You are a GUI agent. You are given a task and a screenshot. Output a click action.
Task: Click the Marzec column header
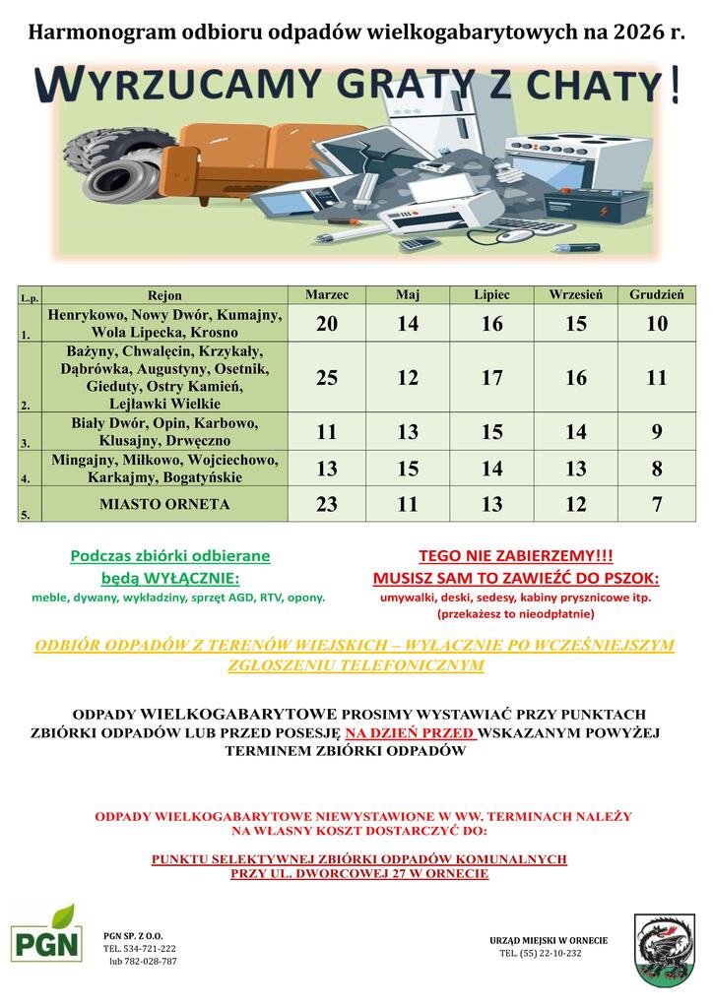[x=326, y=295]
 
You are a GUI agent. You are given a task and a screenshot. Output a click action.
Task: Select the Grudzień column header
[x=657, y=295]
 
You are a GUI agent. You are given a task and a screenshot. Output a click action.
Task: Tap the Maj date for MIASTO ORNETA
[x=408, y=505]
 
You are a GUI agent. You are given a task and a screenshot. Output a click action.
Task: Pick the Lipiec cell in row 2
[x=491, y=378]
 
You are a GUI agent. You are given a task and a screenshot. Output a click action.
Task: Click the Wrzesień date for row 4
[x=576, y=469]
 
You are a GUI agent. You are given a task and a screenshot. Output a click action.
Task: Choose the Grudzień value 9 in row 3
[x=657, y=432]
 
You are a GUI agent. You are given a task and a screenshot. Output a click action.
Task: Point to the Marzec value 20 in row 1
[x=326, y=324]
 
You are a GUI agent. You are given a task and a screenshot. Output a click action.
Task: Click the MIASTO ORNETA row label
[x=164, y=505]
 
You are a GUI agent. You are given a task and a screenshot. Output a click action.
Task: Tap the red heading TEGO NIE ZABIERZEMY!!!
[x=515, y=556]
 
